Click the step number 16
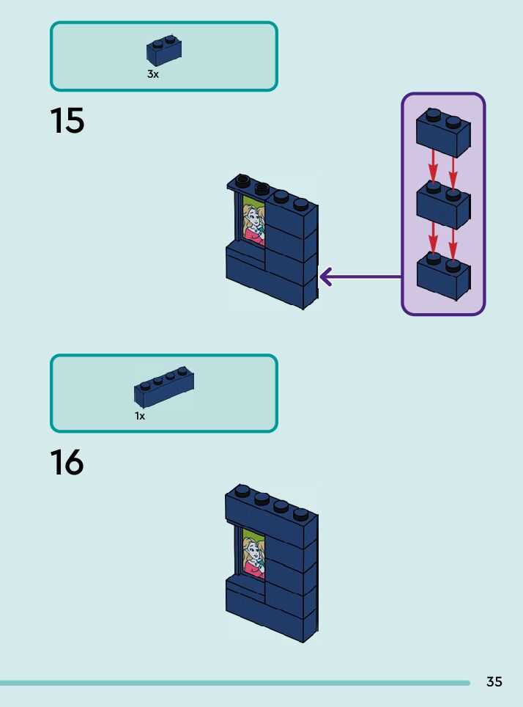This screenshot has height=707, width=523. point(67,464)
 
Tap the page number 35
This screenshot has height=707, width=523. point(494,682)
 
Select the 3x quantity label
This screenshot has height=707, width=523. point(152,75)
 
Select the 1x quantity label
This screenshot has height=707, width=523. point(140,416)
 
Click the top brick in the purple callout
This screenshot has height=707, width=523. point(442,134)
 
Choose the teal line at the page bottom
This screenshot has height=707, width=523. point(234,683)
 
